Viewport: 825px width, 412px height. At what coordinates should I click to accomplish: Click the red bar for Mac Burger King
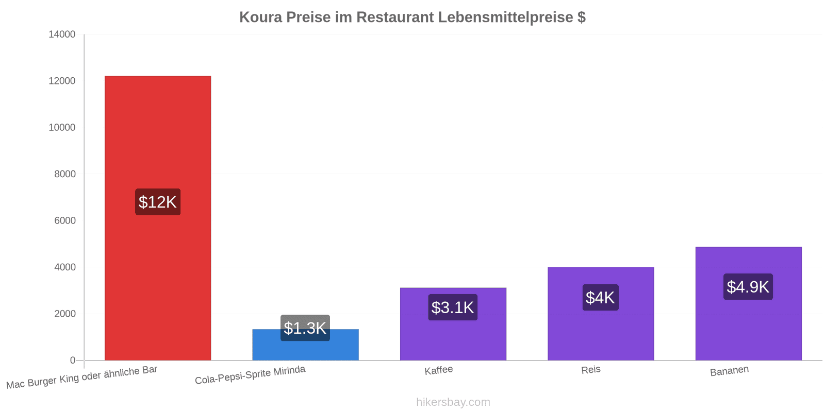158,218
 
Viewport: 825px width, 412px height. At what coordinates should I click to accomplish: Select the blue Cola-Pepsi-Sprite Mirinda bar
305,345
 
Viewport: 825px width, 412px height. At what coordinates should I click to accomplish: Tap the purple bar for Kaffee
453,324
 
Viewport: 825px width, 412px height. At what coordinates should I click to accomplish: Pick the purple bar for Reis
601,314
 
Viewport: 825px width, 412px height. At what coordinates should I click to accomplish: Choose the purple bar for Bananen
748,303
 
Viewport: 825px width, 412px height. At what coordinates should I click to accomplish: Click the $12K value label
158,202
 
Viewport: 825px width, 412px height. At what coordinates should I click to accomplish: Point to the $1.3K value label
305,328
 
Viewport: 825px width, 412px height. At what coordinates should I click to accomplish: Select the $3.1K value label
453,307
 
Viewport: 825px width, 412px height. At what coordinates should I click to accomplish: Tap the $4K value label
601,297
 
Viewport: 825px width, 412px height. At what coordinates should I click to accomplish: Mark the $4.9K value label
748,286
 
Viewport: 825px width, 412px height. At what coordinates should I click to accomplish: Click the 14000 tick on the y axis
62,34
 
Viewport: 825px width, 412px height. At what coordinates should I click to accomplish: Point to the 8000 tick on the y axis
65,174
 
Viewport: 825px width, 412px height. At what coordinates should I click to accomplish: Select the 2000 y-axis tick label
65,314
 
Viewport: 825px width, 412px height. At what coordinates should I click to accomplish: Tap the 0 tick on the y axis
73,360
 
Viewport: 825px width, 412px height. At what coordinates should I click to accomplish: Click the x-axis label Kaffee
439,370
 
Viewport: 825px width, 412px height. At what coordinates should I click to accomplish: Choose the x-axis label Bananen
729,371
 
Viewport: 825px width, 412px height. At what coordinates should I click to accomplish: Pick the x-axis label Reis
591,370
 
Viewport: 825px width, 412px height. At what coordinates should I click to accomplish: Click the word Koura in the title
260,18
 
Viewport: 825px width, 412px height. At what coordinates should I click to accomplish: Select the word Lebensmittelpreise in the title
505,18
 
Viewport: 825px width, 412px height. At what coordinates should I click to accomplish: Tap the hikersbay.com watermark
453,402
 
